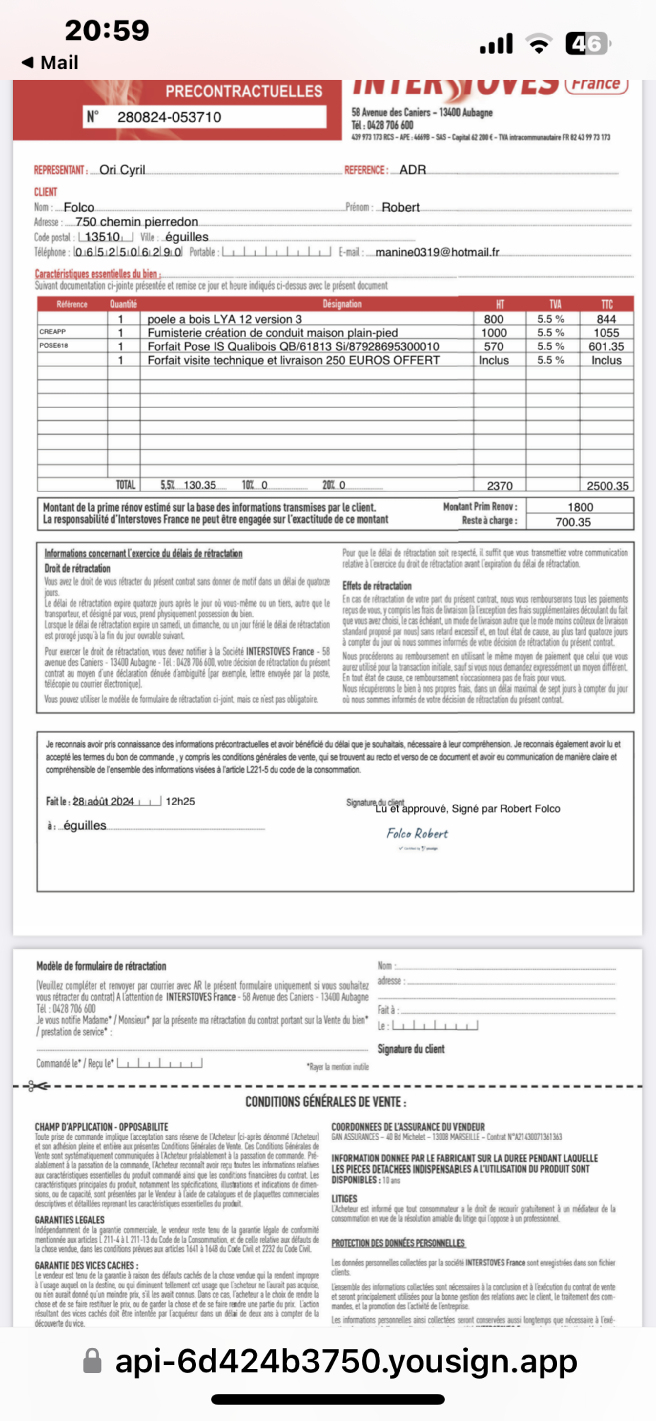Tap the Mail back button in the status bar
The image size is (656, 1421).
[x=50, y=62]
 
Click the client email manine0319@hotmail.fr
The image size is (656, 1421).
[x=437, y=252]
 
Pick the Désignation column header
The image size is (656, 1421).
[x=342, y=304]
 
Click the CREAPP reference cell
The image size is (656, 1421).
[x=52, y=331]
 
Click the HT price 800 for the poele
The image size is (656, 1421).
[x=493, y=319]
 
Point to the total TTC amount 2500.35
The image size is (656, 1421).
[x=607, y=486]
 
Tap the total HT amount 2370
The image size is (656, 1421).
[x=500, y=486]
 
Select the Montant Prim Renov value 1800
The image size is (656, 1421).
[x=580, y=506]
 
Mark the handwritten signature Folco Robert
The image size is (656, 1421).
[x=417, y=833]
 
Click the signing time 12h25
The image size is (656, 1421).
[x=180, y=801]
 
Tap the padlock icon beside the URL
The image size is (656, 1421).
[x=92, y=1361]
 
